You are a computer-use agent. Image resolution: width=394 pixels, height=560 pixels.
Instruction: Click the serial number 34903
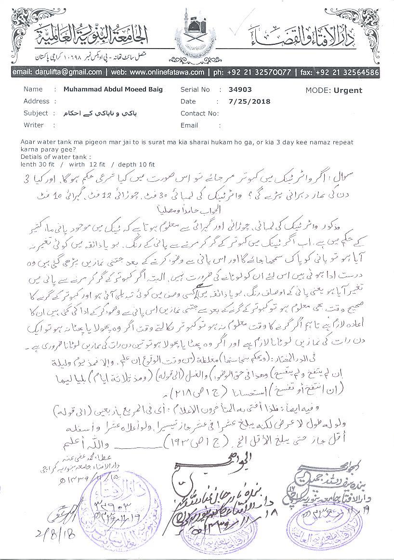(x=241, y=89)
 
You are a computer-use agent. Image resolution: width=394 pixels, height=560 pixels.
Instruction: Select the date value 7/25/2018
(x=250, y=102)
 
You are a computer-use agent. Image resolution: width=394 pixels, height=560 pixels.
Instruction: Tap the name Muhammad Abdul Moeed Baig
(x=113, y=89)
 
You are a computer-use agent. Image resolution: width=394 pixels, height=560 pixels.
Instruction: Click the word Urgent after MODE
(x=349, y=90)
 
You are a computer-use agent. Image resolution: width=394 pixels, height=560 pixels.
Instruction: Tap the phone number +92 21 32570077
(x=261, y=72)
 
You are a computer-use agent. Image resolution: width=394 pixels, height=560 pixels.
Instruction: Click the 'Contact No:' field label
(x=199, y=114)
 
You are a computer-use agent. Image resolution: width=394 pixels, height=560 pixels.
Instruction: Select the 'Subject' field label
(x=36, y=114)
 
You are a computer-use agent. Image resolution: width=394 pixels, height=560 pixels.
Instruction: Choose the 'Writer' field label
(x=34, y=125)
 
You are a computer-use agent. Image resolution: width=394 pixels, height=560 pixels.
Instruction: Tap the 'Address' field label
(x=37, y=102)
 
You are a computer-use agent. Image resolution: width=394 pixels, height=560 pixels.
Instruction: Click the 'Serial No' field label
(x=196, y=89)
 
